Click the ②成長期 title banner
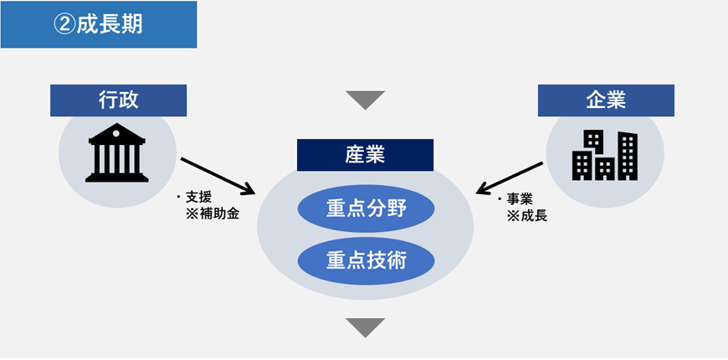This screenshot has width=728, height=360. point(98,24)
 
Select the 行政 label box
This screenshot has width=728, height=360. point(118,100)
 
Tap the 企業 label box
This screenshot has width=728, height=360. point(606,100)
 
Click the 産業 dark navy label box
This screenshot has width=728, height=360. point(365,155)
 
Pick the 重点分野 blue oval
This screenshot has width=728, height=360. point(365,208)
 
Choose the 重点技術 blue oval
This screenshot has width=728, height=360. point(365,260)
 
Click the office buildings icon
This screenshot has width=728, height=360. point(604,156)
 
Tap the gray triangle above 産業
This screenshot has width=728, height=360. point(365,100)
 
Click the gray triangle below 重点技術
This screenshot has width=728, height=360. point(365,327)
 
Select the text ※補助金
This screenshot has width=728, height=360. point(212,214)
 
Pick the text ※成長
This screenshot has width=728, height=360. point(527,216)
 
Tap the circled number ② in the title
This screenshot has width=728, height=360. point(64,24)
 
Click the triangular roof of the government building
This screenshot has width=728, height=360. point(117,133)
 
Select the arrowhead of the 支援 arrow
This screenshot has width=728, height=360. point(249,187)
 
